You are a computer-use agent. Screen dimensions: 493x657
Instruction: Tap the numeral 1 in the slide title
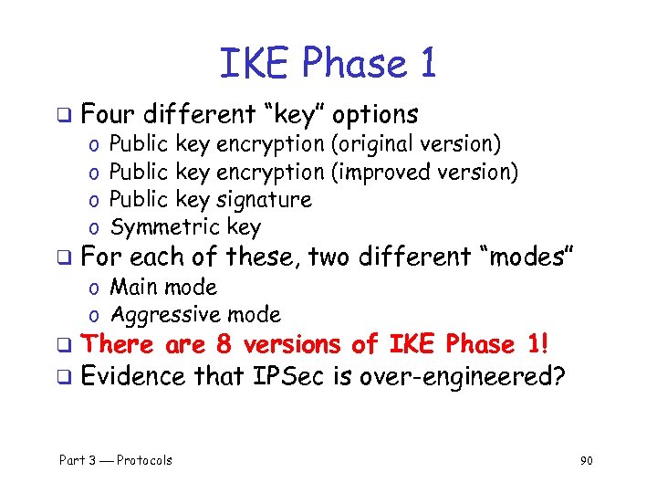point(425,63)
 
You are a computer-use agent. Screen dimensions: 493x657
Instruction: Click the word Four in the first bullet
point(108,115)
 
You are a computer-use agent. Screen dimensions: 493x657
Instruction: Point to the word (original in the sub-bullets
point(372,144)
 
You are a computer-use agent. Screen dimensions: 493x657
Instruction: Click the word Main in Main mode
point(131,288)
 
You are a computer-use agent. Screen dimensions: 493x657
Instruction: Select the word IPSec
point(289,375)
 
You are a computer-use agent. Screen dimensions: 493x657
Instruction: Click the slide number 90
point(586,460)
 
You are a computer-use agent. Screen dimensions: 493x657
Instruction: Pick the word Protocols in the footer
point(144,460)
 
